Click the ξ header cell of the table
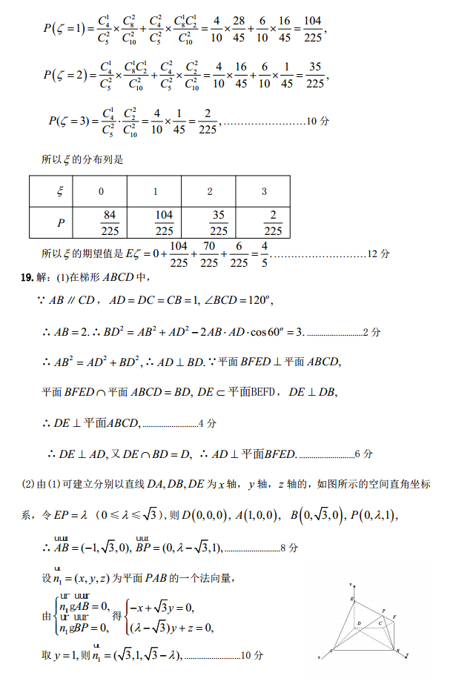[60, 192]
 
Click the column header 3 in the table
[264, 192]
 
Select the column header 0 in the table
[102, 192]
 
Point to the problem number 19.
[26, 277]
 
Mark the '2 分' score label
[371, 333]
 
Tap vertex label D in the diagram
[359, 625]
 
